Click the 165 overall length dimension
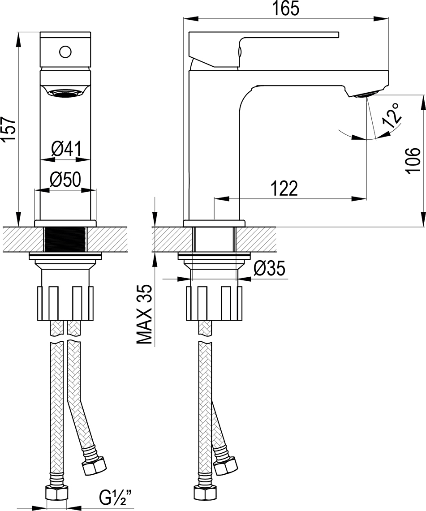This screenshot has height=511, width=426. pyautogui.click(x=285, y=9)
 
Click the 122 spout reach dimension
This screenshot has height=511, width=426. pyautogui.click(x=284, y=189)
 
